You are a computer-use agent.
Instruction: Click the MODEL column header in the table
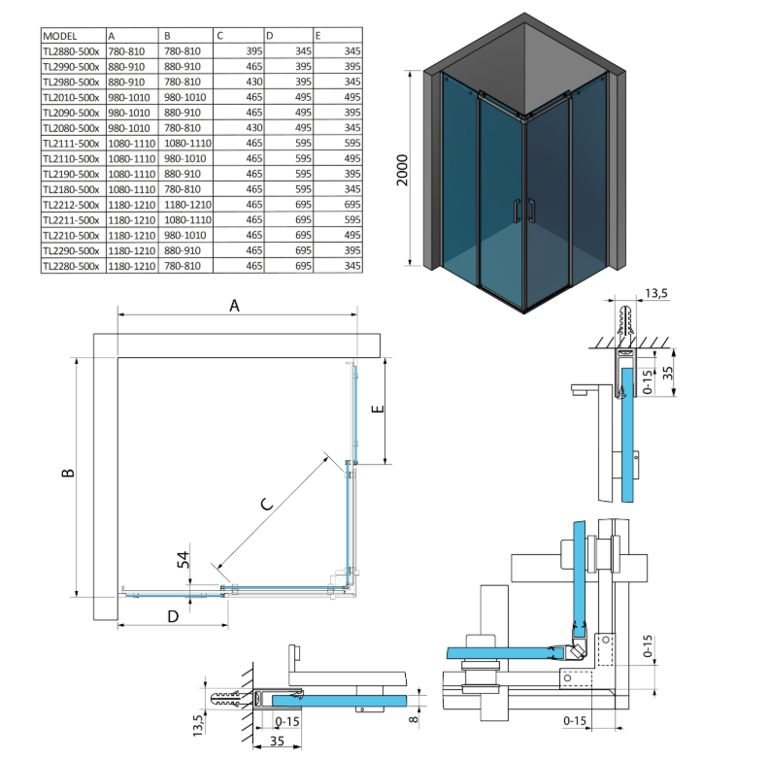point(59,36)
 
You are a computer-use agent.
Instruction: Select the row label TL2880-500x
point(71,51)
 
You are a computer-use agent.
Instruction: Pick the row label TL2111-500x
point(71,144)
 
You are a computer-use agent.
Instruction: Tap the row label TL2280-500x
point(71,266)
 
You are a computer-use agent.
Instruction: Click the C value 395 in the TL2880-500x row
point(255,51)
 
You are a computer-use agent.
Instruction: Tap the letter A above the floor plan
point(234,306)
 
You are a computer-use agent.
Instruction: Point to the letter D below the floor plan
point(172,615)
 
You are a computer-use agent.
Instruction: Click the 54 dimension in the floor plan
point(182,562)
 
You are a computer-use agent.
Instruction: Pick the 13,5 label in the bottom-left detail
point(198,722)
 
